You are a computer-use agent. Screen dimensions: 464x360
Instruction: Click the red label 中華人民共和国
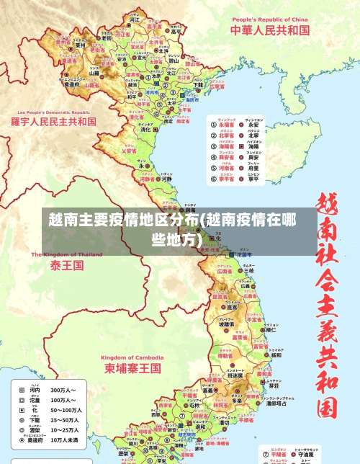(269, 30)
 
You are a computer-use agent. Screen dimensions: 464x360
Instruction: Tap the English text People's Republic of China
(269, 19)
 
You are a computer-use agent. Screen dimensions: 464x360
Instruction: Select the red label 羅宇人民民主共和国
(53, 122)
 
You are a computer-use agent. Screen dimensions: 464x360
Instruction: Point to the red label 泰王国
(67, 265)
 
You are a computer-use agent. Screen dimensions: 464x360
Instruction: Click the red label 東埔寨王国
(132, 367)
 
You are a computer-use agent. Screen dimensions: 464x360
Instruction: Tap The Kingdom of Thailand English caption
(67, 254)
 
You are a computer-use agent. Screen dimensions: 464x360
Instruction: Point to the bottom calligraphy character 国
(327, 408)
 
